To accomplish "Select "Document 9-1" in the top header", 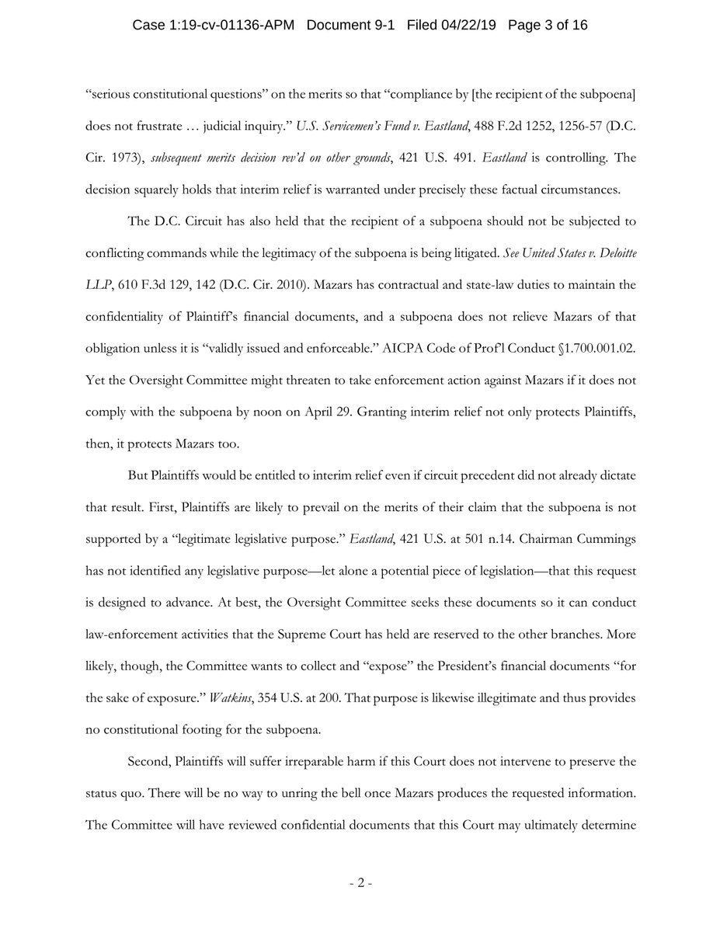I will pyautogui.click(x=350, y=26).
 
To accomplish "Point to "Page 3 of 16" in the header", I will pyautogui.click(x=548, y=26).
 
